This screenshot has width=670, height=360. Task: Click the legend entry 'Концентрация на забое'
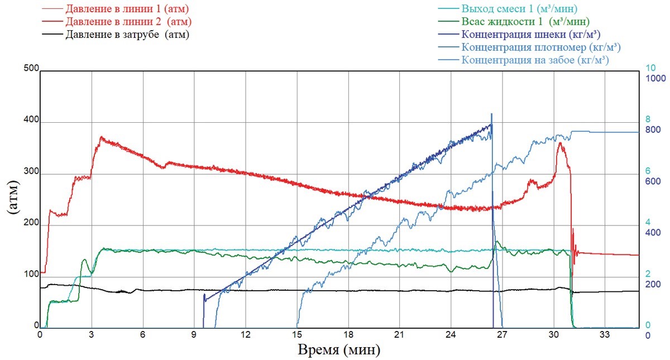tap(534, 60)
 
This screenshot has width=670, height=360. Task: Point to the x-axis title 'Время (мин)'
tap(340, 351)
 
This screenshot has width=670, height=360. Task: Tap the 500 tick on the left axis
tap(30, 69)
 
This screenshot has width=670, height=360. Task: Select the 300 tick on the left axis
tap(30, 174)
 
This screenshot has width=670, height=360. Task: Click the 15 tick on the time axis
tap(297, 335)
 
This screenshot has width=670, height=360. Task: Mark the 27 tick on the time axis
tap(502, 335)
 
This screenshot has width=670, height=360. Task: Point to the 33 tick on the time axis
tap(605, 335)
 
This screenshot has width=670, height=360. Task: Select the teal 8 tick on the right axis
tap(648, 119)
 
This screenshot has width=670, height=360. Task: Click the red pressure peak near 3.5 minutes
tap(101, 137)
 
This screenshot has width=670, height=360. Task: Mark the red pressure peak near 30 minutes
tap(560, 143)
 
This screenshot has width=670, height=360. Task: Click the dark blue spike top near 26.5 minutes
tap(491, 114)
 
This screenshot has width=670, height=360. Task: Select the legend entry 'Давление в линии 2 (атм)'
tap(128, 22)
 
